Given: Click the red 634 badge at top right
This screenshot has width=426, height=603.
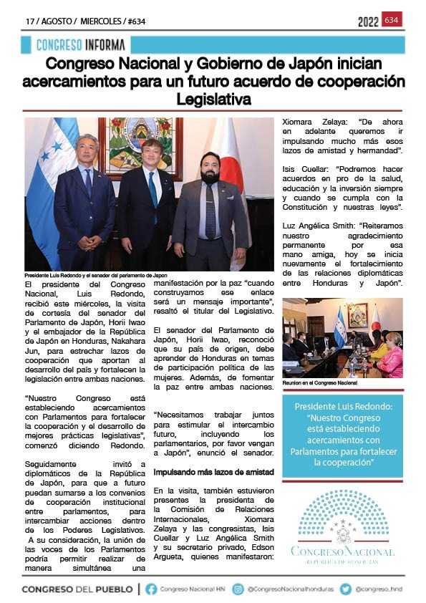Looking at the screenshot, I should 392,20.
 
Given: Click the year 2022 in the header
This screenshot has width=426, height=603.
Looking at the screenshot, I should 368,22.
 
